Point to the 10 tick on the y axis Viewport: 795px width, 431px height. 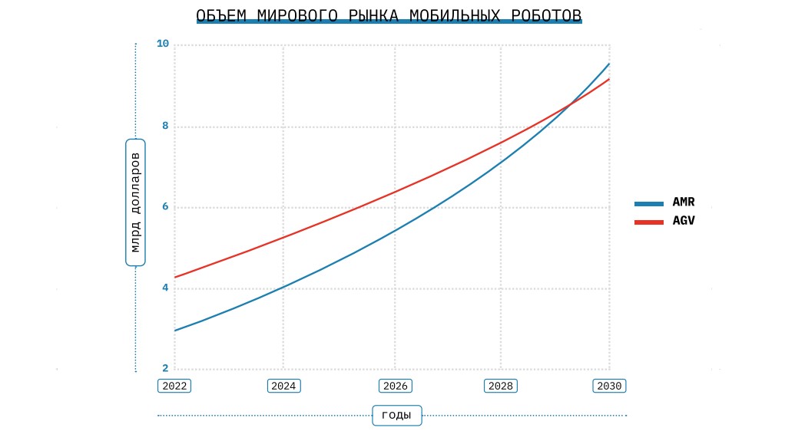click(x=162, y=44)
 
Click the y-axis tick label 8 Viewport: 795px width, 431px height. click(x=165, y=126)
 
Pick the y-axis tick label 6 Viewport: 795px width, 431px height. click(x=165, y=207)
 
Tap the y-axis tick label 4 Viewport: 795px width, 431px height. click(x=165, y=288)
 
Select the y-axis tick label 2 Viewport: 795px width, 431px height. click(x=165, y=369)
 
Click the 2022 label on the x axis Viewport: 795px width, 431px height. click(x=174, y=386)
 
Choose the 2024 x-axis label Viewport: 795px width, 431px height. click(x=283, y=386)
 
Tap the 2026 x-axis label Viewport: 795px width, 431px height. click(x=396, y=386)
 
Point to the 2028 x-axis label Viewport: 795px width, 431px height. click(x=501, y=386)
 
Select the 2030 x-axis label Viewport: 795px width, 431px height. click(x=610, y=386)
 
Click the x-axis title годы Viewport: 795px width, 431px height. click(x=396, y=416)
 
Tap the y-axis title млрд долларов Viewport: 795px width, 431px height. click(x=135, y=202)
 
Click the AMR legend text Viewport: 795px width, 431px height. click(x=684, y=203)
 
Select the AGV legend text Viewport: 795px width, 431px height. click(x=684, y=222)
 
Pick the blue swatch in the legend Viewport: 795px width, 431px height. click(x=649, y=204)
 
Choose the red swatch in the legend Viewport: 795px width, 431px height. click(x=649, y=222)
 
